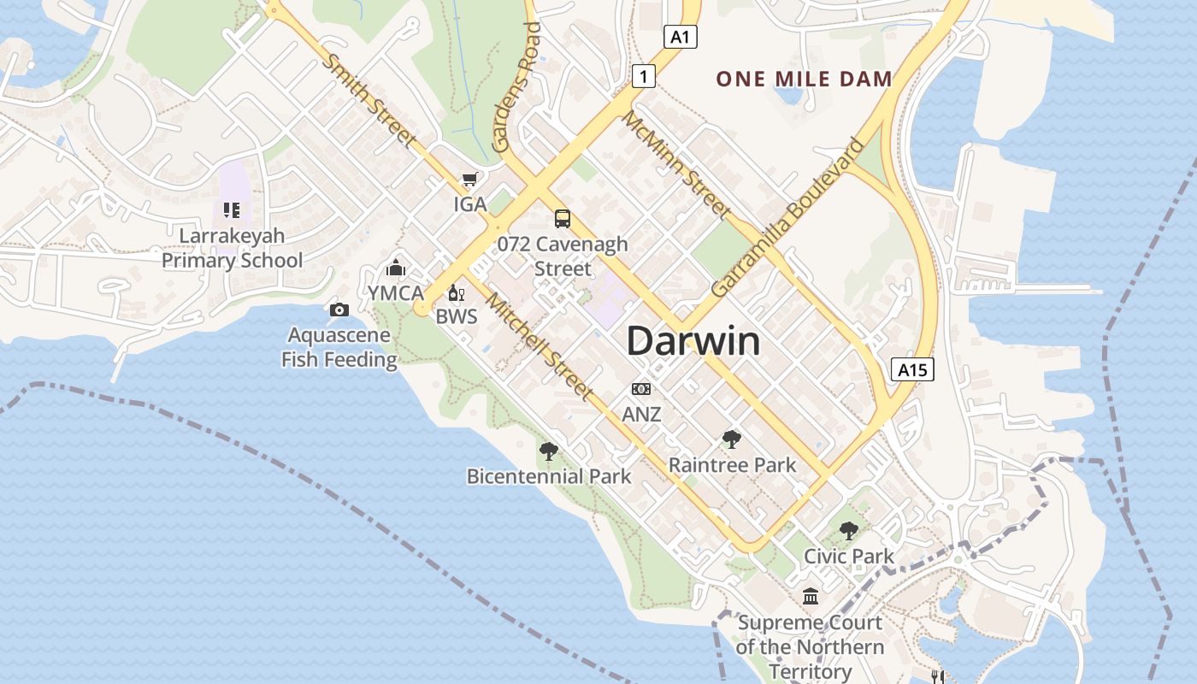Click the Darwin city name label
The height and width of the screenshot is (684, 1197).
pos(693,341)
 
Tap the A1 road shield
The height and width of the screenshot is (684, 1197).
pos(681,37)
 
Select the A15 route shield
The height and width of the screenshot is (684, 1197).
pos(912,369)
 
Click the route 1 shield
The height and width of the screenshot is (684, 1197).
pos(644,76)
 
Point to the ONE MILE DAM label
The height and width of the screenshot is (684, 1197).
pos(804,80)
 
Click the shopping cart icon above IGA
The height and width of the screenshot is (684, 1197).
pos(469,180)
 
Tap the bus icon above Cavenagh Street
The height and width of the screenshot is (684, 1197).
pos(562,219)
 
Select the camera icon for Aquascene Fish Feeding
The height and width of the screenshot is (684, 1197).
pos(339,310)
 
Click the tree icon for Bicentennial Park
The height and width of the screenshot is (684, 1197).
pos(549,451)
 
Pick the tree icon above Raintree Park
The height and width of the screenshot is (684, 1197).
pos(731,439)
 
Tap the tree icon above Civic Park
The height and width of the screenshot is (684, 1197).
pos(848,531)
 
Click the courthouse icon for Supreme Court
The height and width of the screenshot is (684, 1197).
pos(810,596)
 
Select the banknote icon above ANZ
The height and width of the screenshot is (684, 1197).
pos(641,389)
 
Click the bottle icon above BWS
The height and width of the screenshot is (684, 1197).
pos(456,293)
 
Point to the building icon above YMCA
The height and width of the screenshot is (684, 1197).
pos(395,268)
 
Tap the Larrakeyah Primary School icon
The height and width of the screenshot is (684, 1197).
pos(231,209)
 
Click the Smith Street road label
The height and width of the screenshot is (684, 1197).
pos(372,100)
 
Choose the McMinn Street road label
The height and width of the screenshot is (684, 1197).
pos(675,164)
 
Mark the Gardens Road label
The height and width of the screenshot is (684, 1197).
pos(518,87)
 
